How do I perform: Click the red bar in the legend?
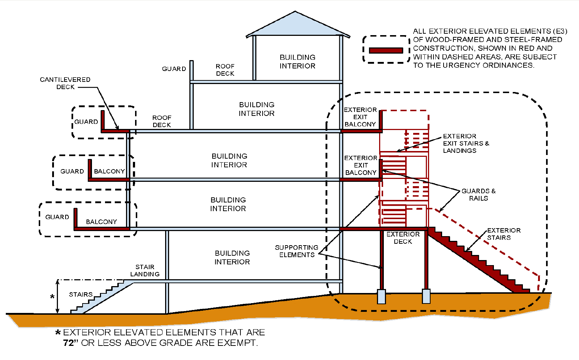coord(386,50)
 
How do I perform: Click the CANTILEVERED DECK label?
coord(65,83)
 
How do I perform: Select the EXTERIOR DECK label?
coord(403,238)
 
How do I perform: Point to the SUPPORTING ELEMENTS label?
coord(297,251)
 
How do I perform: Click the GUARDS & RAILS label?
coord(478,194)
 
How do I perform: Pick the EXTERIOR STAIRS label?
coord(503,234)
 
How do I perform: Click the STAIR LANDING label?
coord(145,271)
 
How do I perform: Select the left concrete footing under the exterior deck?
coord(381,296)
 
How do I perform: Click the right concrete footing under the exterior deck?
coord(426,296)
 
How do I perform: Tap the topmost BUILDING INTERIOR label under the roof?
coord(297,62)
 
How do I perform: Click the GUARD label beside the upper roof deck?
coord(174,69)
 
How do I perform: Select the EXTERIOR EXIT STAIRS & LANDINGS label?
coord(465,143)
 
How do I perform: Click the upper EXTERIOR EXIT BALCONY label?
coord(360,117)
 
